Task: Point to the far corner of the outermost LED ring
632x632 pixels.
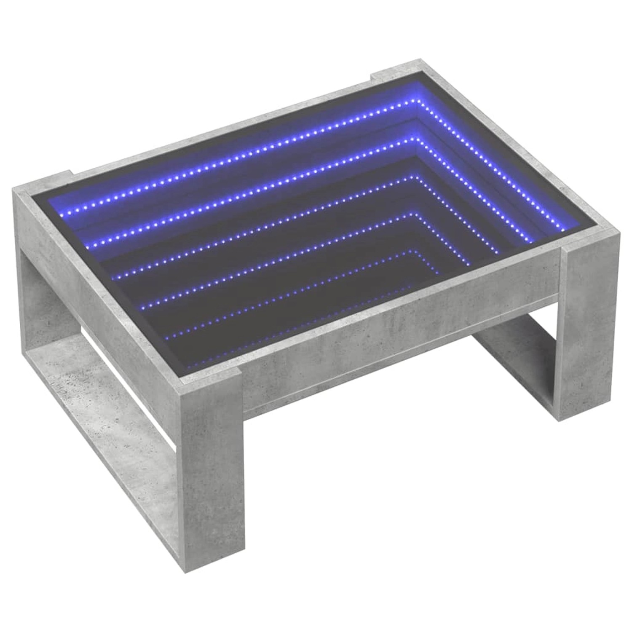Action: (415, 101)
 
